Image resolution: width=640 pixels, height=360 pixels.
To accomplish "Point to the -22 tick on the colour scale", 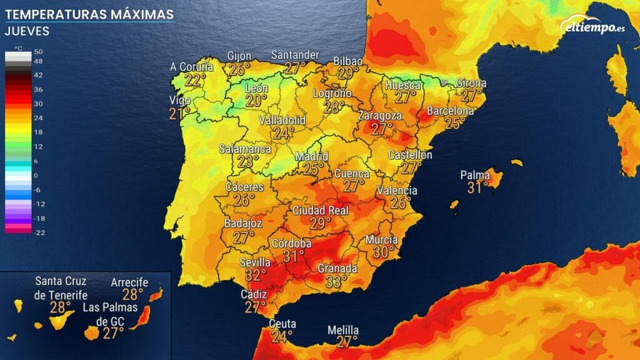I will click(x=38, y=232).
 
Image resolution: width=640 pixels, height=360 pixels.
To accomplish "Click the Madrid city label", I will click(x=311, y=156).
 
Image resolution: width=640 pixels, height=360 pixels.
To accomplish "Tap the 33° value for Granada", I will click(x=336, y=282).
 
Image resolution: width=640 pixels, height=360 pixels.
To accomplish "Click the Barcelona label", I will click(x=450, y=111).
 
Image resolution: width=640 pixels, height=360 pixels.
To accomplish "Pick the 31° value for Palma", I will click(x=478, y=187).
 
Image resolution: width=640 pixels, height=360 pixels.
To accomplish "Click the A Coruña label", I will click(x=192, y=67).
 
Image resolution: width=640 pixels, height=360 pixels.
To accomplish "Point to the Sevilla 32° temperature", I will click(x=256, y=275).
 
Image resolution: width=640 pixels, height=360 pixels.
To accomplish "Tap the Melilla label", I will click(x=343, y=330).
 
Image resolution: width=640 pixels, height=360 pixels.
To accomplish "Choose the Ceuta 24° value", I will click(x=281, y=337).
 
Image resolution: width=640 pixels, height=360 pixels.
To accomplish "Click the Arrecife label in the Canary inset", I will click(x=129, y=282).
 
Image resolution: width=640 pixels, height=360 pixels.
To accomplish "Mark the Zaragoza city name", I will click(x=380, y=116).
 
